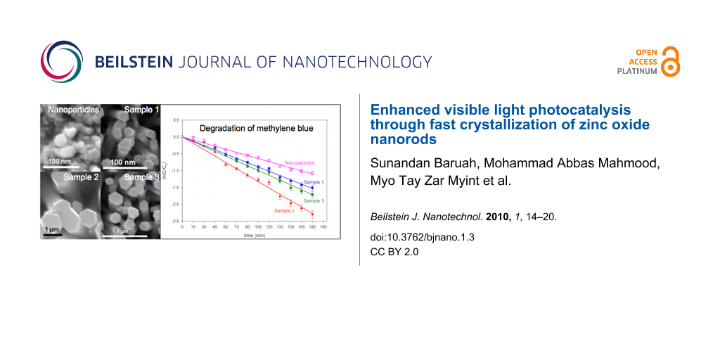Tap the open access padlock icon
671,62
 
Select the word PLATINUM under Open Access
637,71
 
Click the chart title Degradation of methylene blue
246,128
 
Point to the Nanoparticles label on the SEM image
73,110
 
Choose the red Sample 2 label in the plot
284,211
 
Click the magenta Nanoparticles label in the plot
299,162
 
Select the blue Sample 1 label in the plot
313,182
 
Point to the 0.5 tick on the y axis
176,120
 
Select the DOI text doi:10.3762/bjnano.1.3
422,237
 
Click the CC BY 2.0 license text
394,252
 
